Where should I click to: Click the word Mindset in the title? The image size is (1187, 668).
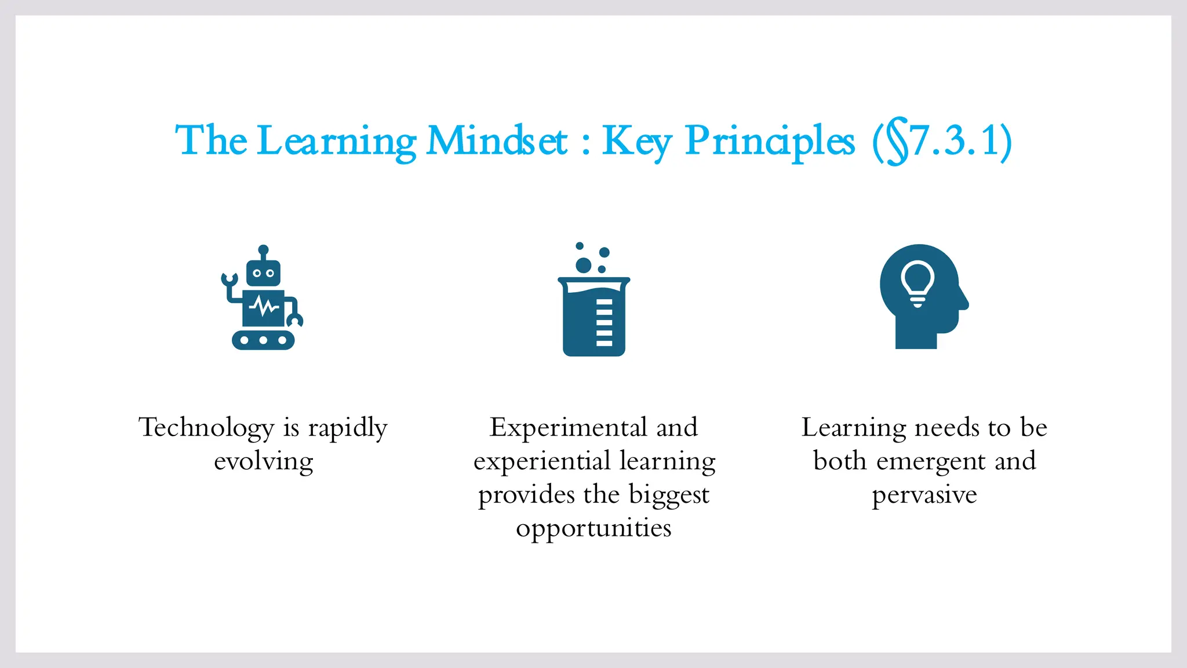coord(497,141)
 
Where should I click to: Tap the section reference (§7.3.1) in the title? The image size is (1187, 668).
coord(942,141)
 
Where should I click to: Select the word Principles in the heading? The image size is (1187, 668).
coord(769,141)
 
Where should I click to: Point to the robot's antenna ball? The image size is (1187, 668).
coord(263,249)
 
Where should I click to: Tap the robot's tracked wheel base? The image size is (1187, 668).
coord(263,340)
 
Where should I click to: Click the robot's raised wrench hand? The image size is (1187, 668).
coord(230,279)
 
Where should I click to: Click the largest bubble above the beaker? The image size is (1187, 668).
coord(583,266)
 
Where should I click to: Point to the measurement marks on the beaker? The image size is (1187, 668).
coord(604,322)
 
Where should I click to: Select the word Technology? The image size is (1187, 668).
coord(206,428)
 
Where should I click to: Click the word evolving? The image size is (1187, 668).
coord(264,462)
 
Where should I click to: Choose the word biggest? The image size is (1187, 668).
coord(669,495)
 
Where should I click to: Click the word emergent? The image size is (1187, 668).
coord(931,462)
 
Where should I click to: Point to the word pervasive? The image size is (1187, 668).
coord(924,495)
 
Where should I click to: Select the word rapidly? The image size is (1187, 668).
coord(347,428)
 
